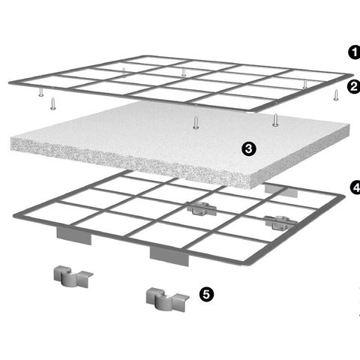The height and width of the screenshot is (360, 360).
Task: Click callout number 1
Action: pyautogui.click(x=354, y=52)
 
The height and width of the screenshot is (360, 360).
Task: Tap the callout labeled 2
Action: pyautogui.click(x=354, y=87)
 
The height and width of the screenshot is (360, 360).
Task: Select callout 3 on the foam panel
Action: pyautogui.click(x=249, y=148)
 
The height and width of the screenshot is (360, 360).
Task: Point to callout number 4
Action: pyautogui.click(x=355, y=187)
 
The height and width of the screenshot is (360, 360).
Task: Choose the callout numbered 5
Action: pyautogui.click(x=206, y=294)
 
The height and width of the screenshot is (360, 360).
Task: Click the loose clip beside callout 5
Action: pyautogui.click(x=167, y=299)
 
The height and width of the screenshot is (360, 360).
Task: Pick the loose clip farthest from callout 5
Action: pyautogui.click(x=73, y=277)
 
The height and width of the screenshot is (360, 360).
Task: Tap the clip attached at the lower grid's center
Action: pyautogui.click(x=202, y=208)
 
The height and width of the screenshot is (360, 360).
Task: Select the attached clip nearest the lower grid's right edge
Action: pyautogui.click(x=280, y=222)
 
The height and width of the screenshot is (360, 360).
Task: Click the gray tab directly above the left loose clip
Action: pyautogui.click(x=74, y=235)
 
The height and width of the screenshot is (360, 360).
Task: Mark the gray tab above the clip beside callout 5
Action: pyautogui.click(x=169, y=256)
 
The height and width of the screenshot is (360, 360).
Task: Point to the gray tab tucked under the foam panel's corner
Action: pyautogui.click(x=281, y=190)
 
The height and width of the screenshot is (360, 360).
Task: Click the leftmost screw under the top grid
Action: pyautogui.click(x=41, y=91)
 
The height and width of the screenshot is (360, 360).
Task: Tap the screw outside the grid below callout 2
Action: pyautogui.click(x=336, y=95)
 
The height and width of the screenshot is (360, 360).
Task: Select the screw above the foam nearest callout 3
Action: pyautogui.click(x=275, y=120)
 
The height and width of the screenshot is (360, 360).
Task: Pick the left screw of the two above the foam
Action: pyautogui.click(x=196, y=123)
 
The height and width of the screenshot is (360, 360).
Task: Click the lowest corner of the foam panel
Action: pyautogui.click(x=250, y=188)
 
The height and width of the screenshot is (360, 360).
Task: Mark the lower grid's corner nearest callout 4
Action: pyautogui.click(x=344, y=196)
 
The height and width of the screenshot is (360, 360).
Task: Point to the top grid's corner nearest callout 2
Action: pyautogui.click(x=352, y=75)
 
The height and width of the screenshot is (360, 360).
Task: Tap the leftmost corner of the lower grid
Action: pyautogui.click(x=14, y=215)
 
